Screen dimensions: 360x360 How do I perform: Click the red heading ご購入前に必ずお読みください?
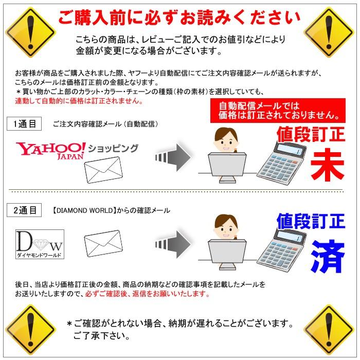179,17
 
